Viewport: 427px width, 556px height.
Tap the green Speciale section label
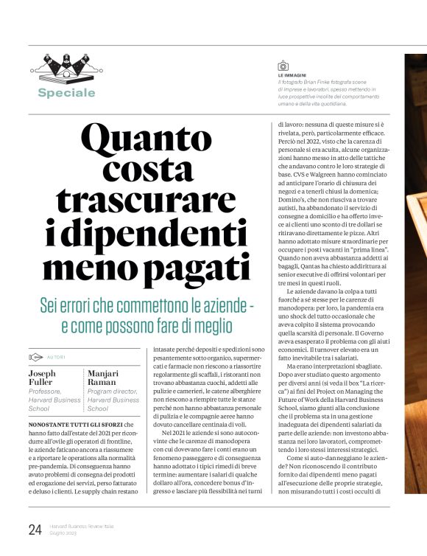(67, 93)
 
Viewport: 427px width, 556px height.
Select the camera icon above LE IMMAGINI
(282, 66)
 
